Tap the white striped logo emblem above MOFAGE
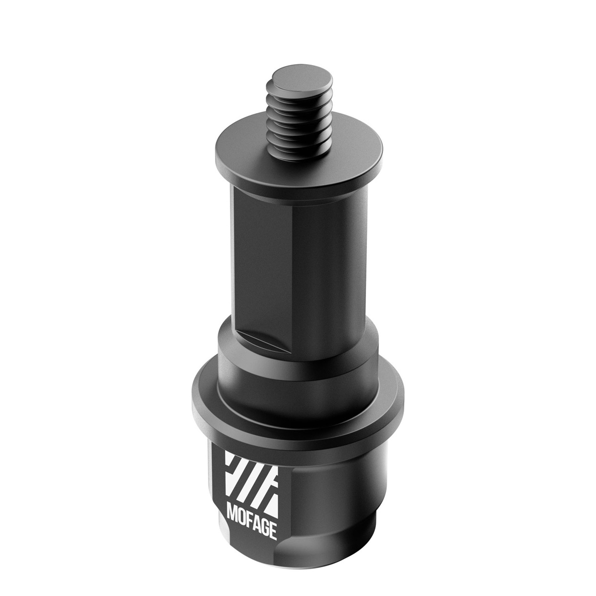pyautogui.click(x=251, y=477)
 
